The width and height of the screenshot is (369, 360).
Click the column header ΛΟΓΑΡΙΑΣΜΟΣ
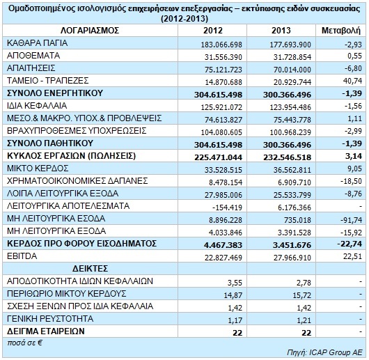click(90, 31)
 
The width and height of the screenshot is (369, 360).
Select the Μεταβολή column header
click(341, 31)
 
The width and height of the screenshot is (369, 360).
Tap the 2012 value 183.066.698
click(221, 45)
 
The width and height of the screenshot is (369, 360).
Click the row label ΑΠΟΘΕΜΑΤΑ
click(33, 56)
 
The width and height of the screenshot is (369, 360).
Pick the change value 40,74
click(352, 81)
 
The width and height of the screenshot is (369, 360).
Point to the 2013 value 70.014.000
click(292, 70)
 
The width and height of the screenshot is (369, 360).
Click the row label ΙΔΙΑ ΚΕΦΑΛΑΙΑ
click(37, 106)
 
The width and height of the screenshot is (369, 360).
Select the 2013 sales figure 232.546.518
click(287, 157)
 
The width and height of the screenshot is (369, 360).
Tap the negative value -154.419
click(227, 208)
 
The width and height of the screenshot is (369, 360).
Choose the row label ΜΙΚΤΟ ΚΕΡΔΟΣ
click(38, 169)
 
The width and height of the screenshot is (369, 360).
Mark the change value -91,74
click(351, 220)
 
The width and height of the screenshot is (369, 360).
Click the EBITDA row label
click(22, 256)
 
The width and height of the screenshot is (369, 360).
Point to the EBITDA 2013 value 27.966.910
click(292, 258)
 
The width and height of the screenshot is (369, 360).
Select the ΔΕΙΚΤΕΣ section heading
click(90, 269)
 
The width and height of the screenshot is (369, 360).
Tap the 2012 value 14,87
click(233, 295)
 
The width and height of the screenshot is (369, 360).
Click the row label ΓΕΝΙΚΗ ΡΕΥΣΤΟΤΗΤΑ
click(50, 319)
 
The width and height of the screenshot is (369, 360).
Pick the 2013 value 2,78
click(304, 283)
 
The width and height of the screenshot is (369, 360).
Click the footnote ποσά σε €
click(24, 343)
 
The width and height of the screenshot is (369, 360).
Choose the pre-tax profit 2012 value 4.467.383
click(223, 245)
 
